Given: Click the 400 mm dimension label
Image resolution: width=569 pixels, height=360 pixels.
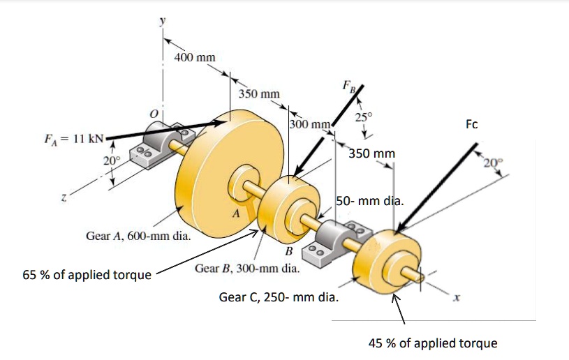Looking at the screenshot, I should click(x=195, y=57).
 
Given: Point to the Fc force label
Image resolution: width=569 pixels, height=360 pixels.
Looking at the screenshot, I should click(x=472, y=124).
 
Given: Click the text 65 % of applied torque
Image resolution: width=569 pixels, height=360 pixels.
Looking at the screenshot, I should click(x=87, y=274).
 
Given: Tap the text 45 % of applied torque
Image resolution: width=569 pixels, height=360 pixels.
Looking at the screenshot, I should click(x=433, y=343).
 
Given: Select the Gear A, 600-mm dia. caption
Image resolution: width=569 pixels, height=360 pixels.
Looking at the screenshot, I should click(x=138, y=236).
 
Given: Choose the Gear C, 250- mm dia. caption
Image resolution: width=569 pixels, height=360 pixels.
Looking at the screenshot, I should click(x=279, y=298).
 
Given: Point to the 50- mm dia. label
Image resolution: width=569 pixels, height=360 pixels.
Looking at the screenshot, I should click(x=369, y=202).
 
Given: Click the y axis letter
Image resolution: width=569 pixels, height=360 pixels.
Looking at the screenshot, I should click(x=163, y=22).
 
